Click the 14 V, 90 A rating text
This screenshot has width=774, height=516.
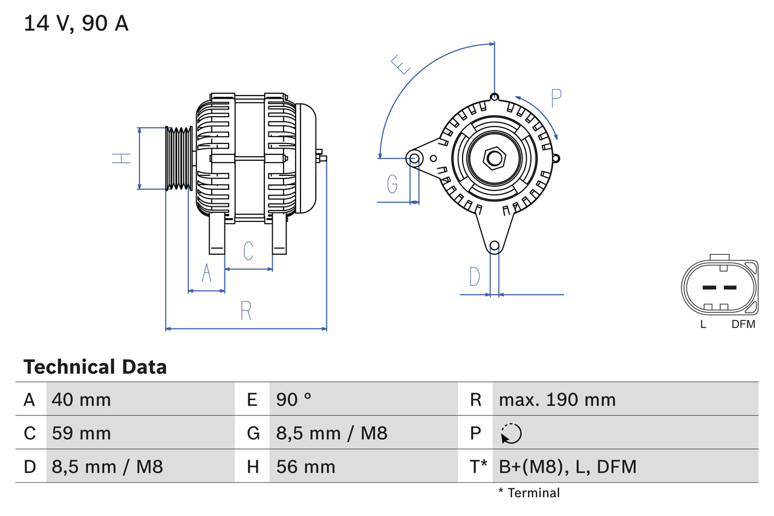(76, 24)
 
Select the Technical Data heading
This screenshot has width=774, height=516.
(95, 367)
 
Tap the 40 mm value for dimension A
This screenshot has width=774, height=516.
(81, 400)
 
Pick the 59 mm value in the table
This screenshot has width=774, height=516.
(81, 433)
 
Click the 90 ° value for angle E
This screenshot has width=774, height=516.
(294, 400)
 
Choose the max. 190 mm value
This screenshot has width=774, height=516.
(557, 400)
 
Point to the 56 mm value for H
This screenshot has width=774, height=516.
(305, 467)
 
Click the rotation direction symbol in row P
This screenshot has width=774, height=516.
(511, 434)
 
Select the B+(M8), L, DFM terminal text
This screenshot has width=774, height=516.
(567, 467)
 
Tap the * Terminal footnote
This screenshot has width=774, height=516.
(529, 493)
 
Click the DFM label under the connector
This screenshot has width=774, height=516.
(743, 324)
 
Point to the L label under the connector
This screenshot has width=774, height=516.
(703, 324)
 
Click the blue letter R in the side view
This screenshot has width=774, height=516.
(246, 310)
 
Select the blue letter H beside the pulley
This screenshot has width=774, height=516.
(122, 158)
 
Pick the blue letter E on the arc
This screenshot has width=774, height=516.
(400, 64)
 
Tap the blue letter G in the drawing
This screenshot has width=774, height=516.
(392, 183)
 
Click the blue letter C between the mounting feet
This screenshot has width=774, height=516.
(248, 250)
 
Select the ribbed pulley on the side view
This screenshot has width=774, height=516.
(179, 158)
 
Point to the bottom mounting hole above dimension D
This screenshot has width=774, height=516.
(495, 246)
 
